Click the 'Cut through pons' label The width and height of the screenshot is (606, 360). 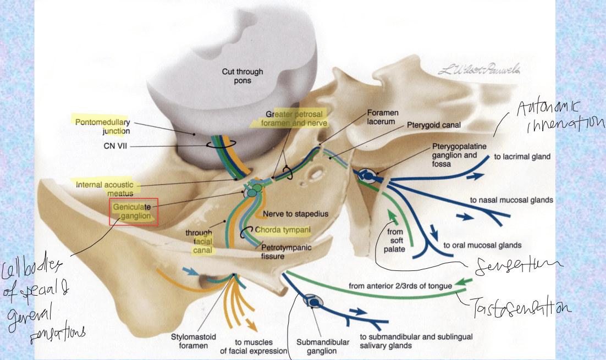click(x=243, y=76)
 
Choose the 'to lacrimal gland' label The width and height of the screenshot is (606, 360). click(x=522, y=157)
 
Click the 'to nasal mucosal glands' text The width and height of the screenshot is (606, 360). click(x=511, y=201)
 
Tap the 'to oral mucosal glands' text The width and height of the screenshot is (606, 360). click(x=482, y=245)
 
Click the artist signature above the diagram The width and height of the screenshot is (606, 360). click(x=479, y=70)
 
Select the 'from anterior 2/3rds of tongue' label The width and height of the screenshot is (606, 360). click(x=400, y=286)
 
